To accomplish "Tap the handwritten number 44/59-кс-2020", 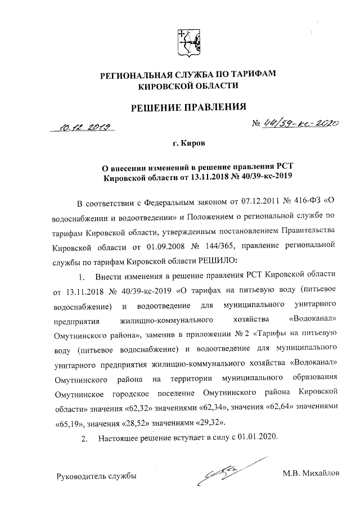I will point(298,124).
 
